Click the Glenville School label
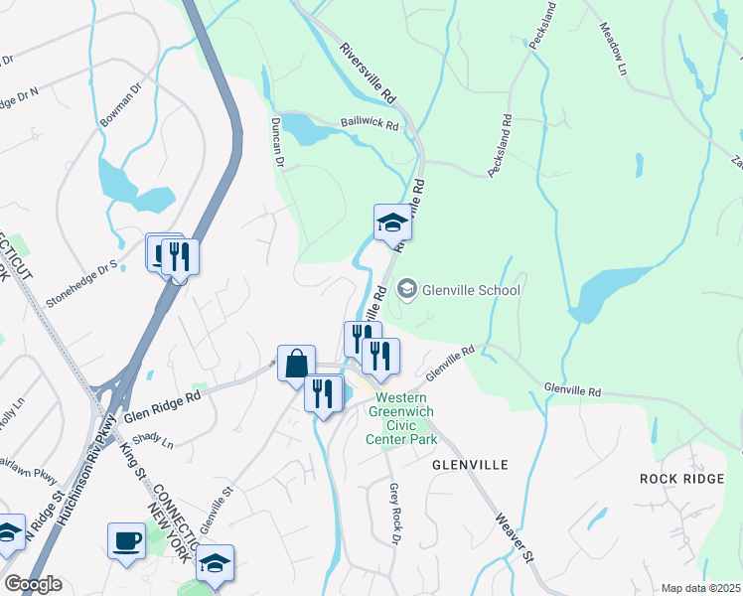pos(472,290)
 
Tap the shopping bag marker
pos(297,364)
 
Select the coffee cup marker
pos(126,541)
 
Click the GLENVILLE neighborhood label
pos(470,464)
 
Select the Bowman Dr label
pos(121,105)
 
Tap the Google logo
pos(33,584)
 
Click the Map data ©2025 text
pos(700,588)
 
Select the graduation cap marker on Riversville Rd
pos(392,223)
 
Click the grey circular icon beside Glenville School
pos(406,290)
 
